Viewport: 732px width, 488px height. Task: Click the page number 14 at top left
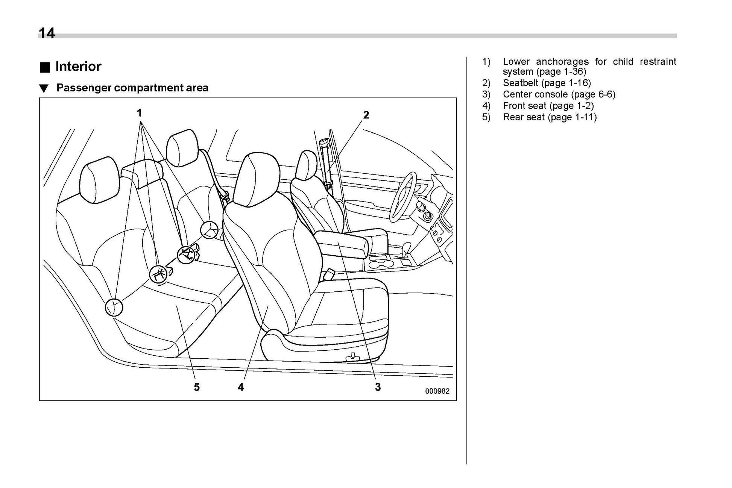click(47, 33)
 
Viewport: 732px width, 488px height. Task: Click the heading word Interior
click(78, 67)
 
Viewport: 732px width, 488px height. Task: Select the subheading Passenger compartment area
click(132, 88)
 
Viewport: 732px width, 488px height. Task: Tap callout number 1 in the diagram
click(140, 113)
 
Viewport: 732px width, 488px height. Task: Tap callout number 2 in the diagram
click(366, 115)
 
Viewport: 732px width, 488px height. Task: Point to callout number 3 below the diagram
click(378, 387)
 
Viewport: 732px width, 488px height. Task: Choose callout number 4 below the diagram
click(241, 387)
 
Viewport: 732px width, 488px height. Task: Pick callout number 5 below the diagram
click(196, 387)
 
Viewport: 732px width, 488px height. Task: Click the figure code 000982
click(437, 391)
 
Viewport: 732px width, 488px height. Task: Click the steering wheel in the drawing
click(403, 196)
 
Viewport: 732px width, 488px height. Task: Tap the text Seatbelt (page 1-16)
click(547, 83)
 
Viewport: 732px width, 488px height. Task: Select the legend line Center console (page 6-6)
click(559, 94)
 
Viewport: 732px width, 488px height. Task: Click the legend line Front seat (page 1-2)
click(548, 106)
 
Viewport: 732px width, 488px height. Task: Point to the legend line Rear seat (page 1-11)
click(550, 117)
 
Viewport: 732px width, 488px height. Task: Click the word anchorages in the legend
click(562, 62)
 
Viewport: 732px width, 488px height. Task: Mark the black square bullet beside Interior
click(45, 67)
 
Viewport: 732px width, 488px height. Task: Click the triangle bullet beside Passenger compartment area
click(44, 89)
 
